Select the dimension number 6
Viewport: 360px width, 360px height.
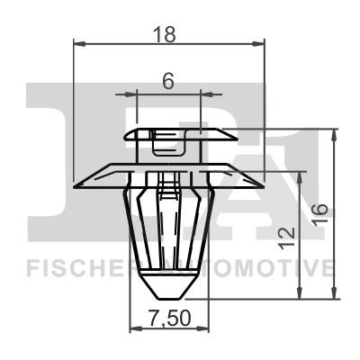click(168, 80)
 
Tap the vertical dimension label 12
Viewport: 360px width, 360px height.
click(286, 237)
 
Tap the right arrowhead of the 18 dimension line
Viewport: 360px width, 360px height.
click(262, 42)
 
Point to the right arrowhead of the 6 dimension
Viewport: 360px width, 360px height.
click(199, 92)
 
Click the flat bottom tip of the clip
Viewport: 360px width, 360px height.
click(169, 298)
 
